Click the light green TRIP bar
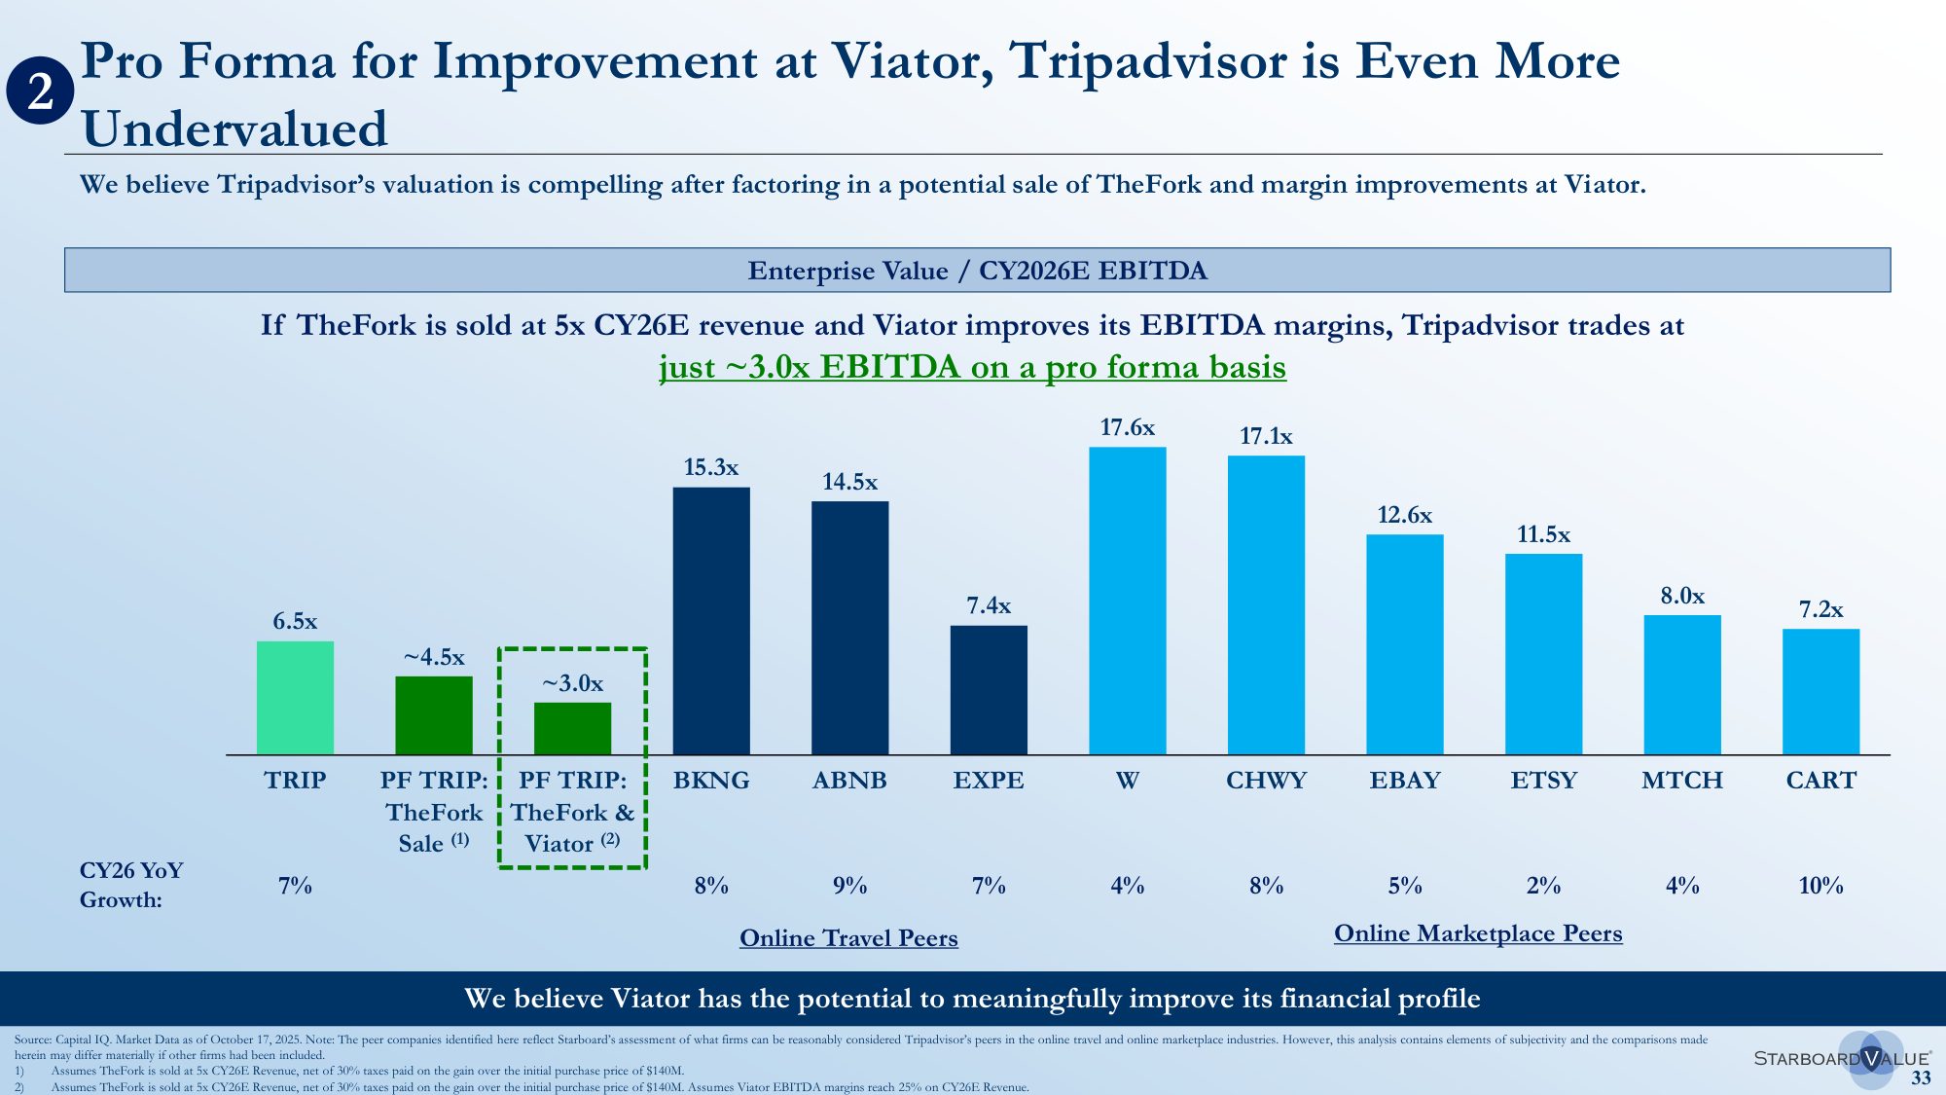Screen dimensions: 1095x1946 pos(295,697)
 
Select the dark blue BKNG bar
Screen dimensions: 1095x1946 pos(711,620)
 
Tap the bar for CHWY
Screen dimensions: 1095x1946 pos(1266,604)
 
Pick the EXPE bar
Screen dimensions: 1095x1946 pos(989,689)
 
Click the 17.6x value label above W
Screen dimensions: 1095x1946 pos(1127,427)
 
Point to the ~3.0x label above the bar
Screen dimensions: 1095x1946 pos(572,683)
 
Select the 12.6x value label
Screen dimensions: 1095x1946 pos(1404,515)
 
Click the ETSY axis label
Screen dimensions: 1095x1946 pos(1543,781)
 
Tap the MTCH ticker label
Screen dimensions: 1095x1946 pos(1681,781)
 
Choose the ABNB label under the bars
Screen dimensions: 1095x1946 pos(849,781)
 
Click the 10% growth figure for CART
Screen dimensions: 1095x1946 pos(1820,886)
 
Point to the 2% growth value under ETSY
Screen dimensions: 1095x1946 pos(1543,886)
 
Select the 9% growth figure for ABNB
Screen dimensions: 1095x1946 pos(849,886)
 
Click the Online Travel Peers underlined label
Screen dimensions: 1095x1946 pos(848,938)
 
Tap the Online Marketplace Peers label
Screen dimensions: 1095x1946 pos(1478,933)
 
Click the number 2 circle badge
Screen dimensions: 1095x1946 pos(40,92)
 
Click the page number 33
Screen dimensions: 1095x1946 pos(1921,1077)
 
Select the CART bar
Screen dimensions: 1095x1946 pos(1820,691)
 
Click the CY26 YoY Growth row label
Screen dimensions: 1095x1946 pos(131,885)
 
